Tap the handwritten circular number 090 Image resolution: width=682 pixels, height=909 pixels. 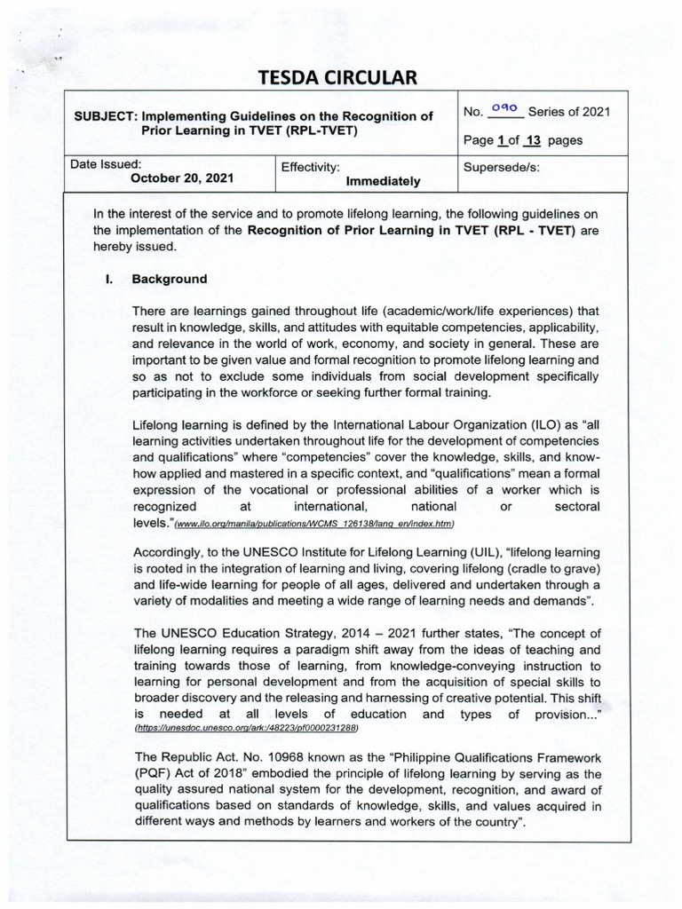point(504,110)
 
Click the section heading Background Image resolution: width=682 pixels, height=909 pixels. point(169,279)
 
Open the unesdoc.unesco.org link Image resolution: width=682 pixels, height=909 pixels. point(246,727)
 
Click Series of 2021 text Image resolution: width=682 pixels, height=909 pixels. point(568,112)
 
